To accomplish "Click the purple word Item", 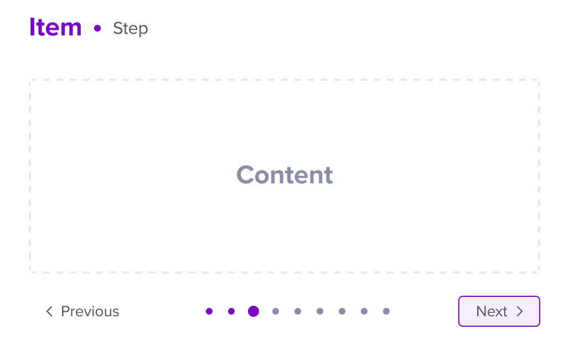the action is [x=55, y=27].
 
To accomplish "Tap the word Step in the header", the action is [x=130, y=28].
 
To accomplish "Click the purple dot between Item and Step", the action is [x=97, y=28].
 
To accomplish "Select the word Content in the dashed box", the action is [x=284, y=174].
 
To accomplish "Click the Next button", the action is [x=499, y=311].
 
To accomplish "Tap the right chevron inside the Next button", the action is [x=520, y=311].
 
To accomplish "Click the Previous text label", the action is [x=90, y=311].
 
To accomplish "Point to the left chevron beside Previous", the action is [x=49, y=311].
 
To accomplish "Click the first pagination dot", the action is [x=209, y=311].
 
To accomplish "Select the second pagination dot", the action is [x=231, y=311].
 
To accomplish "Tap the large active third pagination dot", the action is [x=254, y=311].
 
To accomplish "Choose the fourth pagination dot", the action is [x=276, y=311].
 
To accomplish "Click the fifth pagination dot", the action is [x=298, y=311].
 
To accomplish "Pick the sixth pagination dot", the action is [x=320, y=311].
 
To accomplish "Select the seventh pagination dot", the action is [x=342, y=311].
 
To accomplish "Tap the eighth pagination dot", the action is [x=364, y=311].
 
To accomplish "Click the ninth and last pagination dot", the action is [x=386, y=311].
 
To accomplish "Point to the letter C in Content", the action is [x=246, y=174].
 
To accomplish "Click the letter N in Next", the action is [x=482, y=311].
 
